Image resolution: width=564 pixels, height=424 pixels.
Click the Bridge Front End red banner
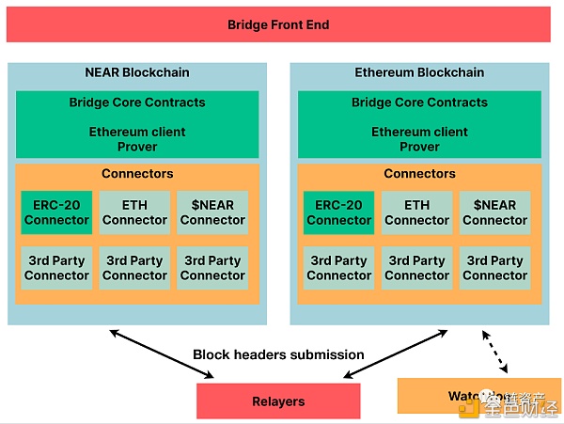click(278, 25)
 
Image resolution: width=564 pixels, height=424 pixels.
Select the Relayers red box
click(278, 401)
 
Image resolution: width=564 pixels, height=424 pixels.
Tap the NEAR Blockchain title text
click(136, 72)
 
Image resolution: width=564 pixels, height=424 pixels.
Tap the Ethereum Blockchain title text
click(419, 72)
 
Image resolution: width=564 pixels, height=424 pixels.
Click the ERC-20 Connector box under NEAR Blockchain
click(56, 212)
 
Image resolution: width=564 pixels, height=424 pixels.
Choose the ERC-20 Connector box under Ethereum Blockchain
click(338, 212)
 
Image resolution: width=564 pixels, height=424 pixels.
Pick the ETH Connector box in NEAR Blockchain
click(134, 212)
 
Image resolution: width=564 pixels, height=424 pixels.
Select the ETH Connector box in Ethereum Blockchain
click(416, 212)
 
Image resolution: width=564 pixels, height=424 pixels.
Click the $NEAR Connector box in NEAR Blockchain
click(212, 212)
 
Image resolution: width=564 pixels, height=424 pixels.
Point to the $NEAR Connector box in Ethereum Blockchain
click(494, 212)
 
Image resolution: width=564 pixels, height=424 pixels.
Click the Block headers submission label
click(278, 354)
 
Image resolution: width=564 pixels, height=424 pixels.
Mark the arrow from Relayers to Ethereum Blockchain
click(395, 354)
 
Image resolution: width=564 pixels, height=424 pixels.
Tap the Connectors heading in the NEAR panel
click(136, 174)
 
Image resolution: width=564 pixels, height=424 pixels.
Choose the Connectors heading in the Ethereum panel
click(419, 174)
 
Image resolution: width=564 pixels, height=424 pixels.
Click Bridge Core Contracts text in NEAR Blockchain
click(136, 102)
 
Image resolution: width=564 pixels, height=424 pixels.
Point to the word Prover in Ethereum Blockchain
click(419, 147)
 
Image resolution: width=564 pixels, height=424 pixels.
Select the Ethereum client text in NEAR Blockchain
click(136, 133)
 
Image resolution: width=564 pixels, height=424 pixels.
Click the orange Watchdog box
click(442, 396)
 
